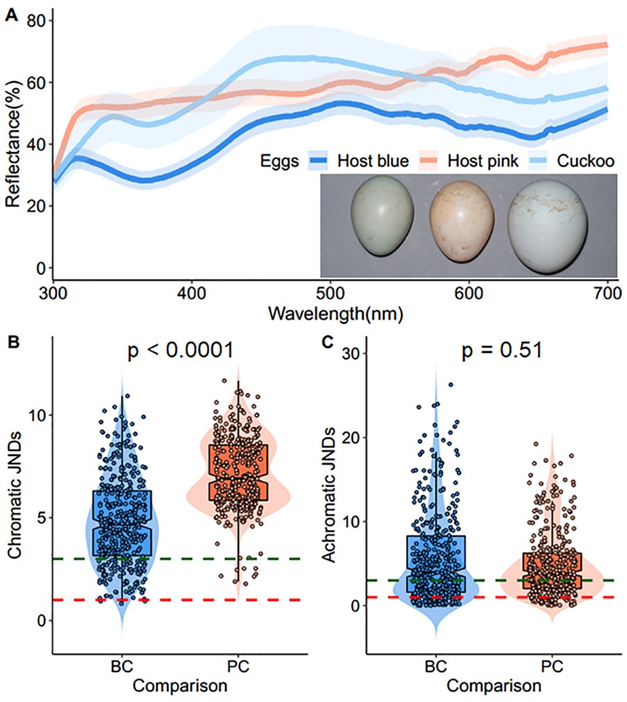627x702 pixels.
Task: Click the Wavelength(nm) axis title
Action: (x=331, y=314)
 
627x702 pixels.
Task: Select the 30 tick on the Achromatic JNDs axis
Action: (x=353, y=353)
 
